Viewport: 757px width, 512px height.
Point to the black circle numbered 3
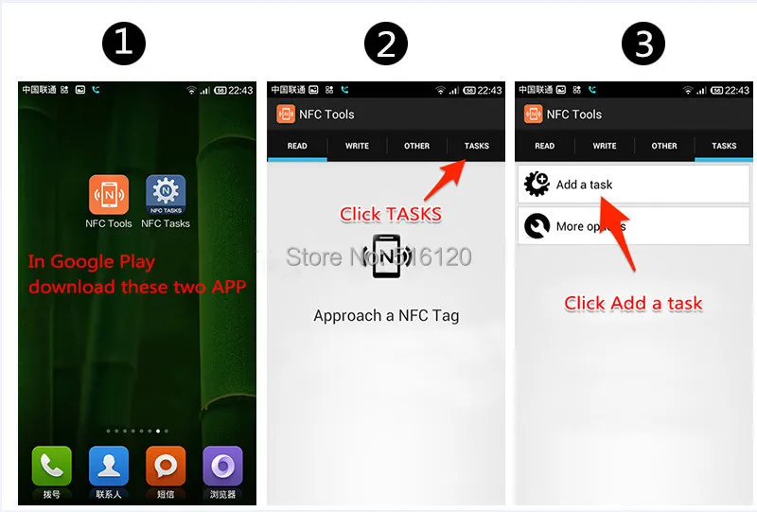pyautogui.click(x=643, y=44)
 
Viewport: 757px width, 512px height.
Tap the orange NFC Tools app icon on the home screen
pyautogui.click(x=109, y=194)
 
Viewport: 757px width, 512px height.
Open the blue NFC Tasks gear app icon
pyautogui.click(x=166, y=194)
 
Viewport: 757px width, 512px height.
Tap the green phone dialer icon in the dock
pyautogui.click(x=52, y=466)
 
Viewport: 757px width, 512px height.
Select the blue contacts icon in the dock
pyautogui.click(x=109, y=466)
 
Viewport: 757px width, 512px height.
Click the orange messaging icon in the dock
pyautogui.click(x=166, y=466)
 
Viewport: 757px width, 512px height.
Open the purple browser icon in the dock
pyautogui.click(x=222, y=466)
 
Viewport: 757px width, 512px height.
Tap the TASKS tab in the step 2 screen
pyautogui.click(x=477, y=146)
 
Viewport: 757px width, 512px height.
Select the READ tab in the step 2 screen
pyautogui.click(x=297, y=146)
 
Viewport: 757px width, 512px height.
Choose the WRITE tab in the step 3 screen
pyautogui.click(x=605, y=146)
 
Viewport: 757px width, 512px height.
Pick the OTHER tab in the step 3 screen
pyautogui.click(x=664, y=146)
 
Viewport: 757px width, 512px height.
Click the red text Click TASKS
pyautogui.click(x=391, y=214)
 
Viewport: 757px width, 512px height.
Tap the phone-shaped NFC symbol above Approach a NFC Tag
pyautogui.click(x=386, y=256)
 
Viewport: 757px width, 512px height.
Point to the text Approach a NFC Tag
pyautogui.click(x=386, y=316)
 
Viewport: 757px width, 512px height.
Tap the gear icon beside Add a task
pyautogui.click(x=537, y=185)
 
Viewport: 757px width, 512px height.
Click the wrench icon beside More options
pyautogui.click(x=537, y=226)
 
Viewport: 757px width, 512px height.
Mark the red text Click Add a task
pyautogui.click(x=633, y=303)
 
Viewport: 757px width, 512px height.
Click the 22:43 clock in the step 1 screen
pyautogui.click(x=241, y=90)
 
